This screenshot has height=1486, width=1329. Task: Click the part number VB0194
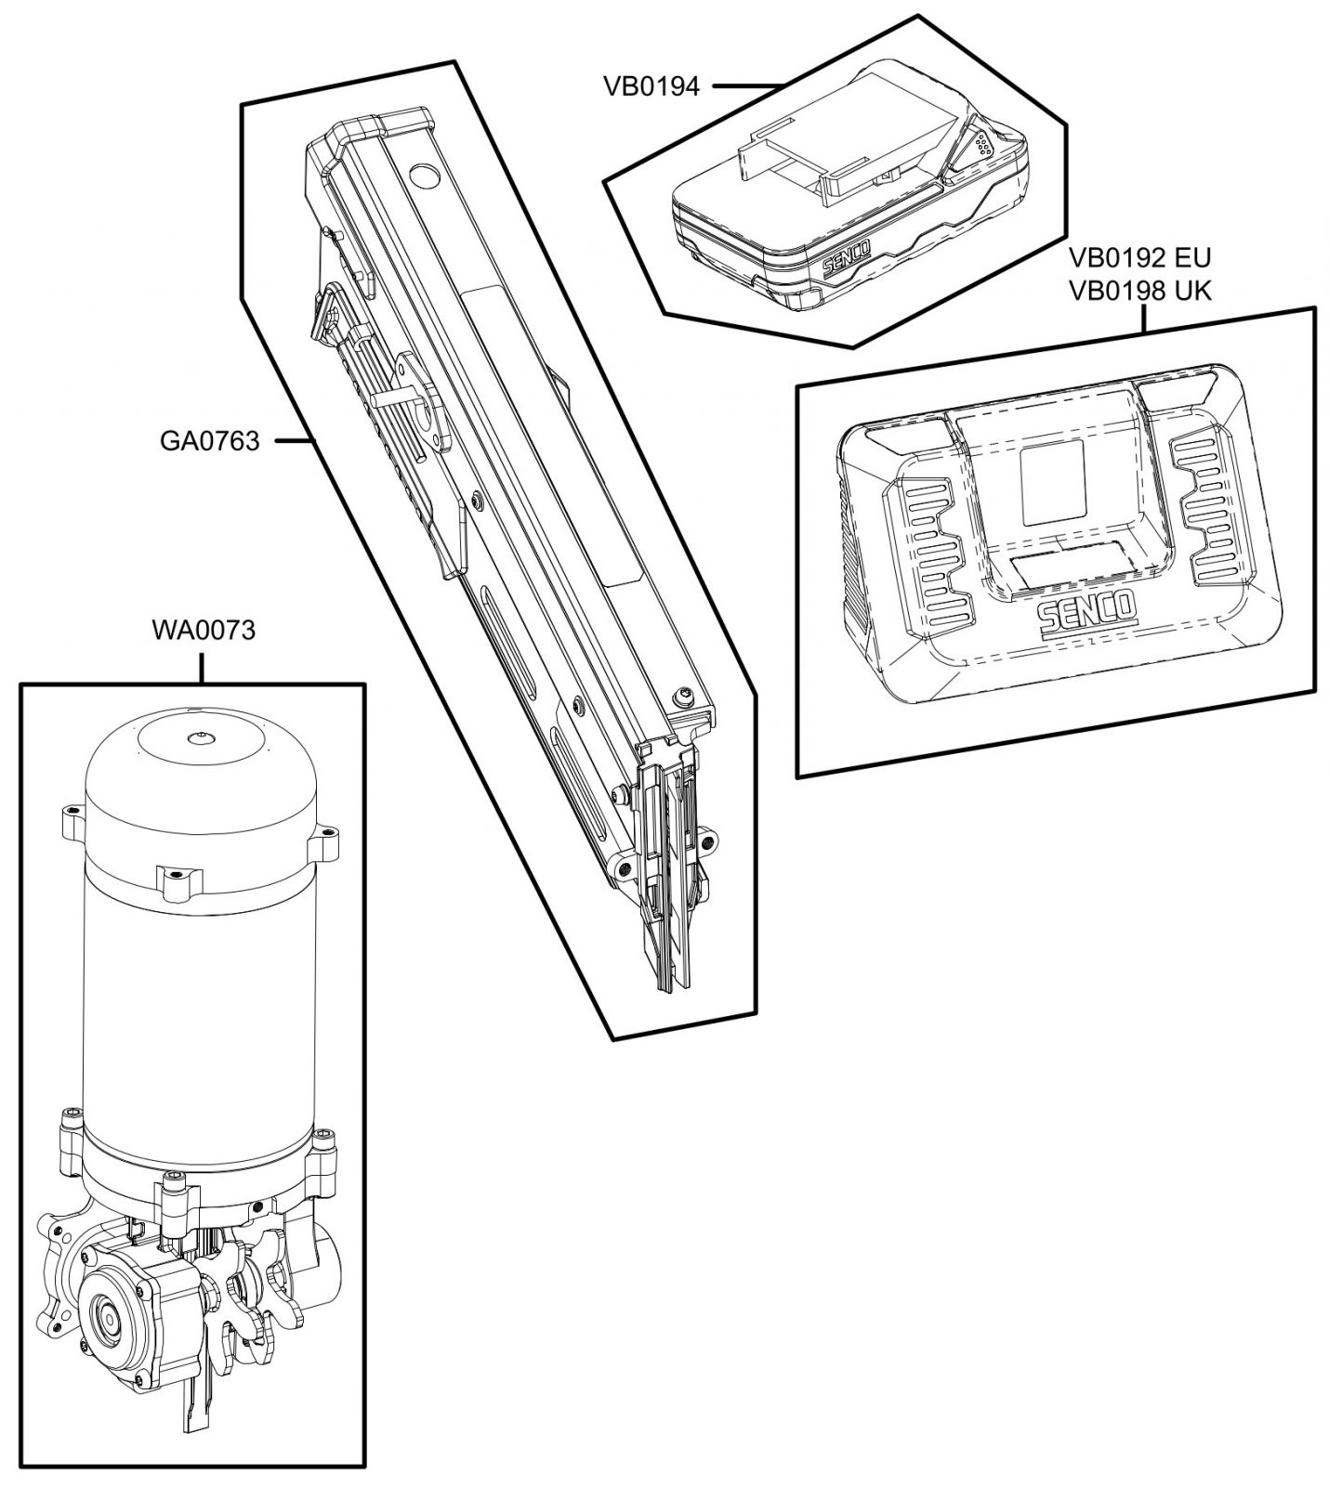651,86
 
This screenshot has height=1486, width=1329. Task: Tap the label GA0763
209,439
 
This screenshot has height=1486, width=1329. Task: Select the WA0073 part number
204,631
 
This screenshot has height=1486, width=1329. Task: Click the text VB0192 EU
1139,257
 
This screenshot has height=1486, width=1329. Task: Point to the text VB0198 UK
1139,290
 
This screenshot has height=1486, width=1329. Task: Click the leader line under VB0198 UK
1143,319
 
